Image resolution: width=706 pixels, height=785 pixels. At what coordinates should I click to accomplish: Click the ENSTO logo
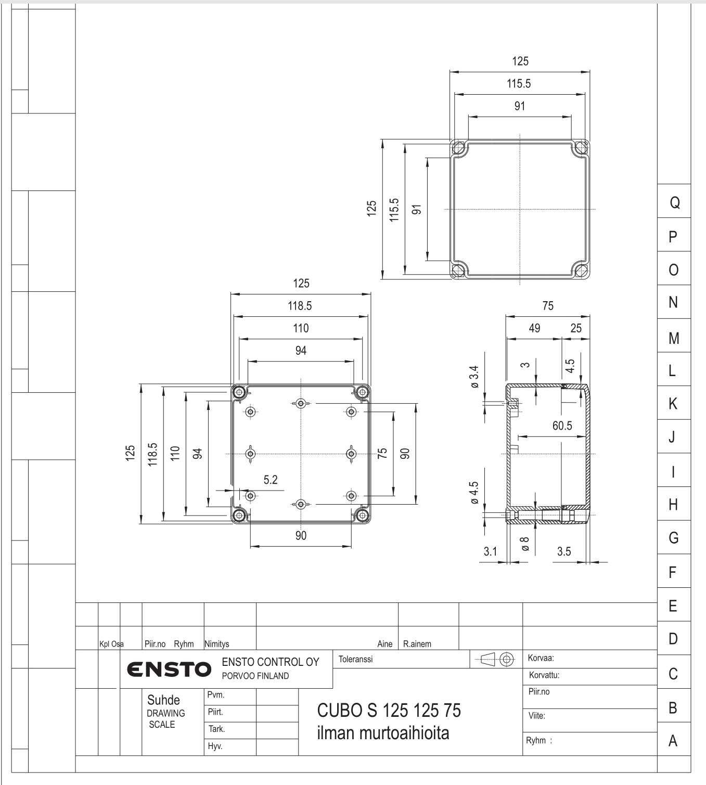(169, 669)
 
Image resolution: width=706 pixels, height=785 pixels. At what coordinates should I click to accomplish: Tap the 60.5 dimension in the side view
(562, 426)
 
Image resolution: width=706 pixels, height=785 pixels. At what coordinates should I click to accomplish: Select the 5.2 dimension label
(271, 480)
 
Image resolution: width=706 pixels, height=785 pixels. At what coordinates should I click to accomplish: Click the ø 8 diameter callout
(525, 544)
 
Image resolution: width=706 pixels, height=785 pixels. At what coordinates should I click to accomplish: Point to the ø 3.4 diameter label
(474, 377)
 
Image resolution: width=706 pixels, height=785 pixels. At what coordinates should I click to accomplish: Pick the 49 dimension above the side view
(534, 328)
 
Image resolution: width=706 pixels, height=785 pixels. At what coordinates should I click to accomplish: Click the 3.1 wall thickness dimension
(490, 551)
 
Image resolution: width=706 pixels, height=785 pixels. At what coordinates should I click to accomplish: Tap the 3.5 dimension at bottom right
(564, 551)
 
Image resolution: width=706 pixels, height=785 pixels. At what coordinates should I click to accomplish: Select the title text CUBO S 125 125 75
(389, 711)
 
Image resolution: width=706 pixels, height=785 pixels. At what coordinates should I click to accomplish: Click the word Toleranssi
(355, 659)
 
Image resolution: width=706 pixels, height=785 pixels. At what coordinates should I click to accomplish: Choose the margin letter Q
(675, 203)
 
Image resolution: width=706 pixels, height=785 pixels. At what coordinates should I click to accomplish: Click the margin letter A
(673, 740)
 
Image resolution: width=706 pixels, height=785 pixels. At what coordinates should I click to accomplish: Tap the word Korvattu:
(544, 675)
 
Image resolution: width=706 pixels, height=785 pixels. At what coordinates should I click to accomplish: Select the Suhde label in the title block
(163, 700)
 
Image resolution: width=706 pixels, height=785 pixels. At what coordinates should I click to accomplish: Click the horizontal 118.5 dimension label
(300, 306)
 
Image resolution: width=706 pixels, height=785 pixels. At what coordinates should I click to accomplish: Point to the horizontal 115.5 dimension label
(519, 83)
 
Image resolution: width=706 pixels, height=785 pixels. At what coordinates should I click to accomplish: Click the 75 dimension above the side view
(548, 306)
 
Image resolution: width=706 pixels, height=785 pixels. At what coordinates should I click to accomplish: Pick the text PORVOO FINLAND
(255, 676)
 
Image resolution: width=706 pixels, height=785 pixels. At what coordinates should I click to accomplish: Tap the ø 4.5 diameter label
(474, 492)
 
